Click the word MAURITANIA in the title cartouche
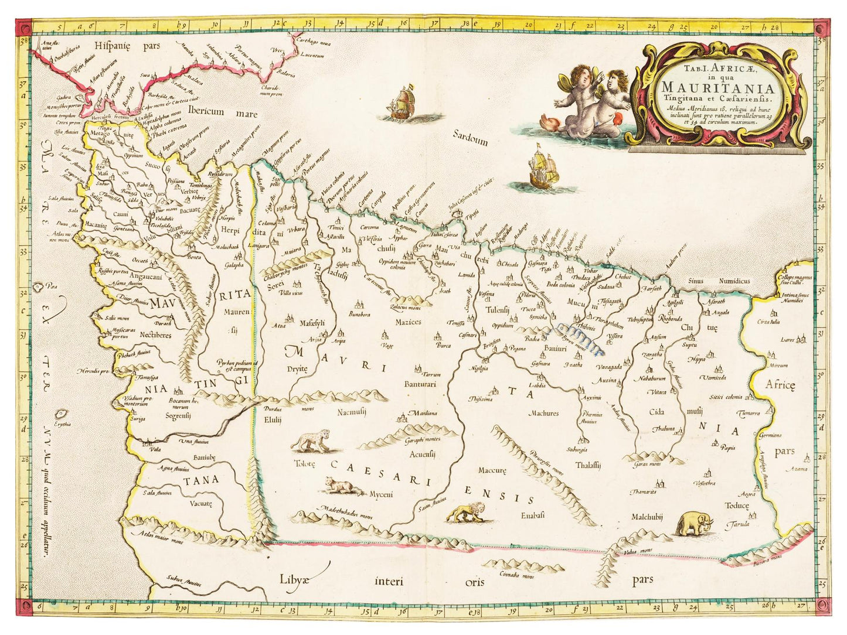717,88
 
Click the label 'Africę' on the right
781,385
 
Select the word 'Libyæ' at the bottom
293,579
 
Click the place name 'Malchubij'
647,517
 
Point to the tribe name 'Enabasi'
532,515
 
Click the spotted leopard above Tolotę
311,441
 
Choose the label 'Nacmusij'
352,413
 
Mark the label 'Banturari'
420,385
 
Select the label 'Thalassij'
588,465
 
